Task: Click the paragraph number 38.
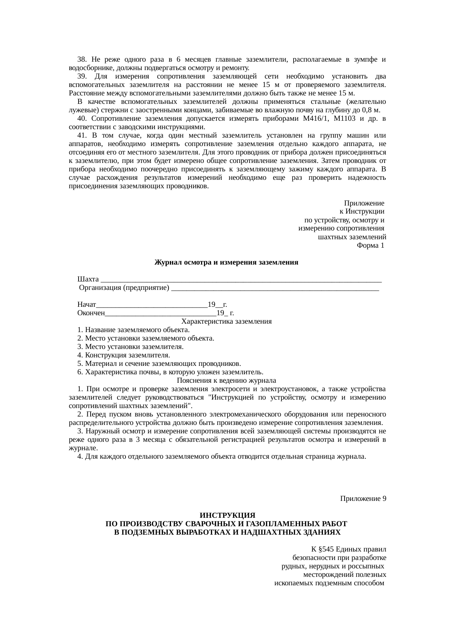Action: click(82, 59)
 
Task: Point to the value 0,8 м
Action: click(371, 110)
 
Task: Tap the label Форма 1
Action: click(370, 245)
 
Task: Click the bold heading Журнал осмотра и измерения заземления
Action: click(226, 263)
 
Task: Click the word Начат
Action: click(87, 305)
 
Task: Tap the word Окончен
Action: click(91, 313)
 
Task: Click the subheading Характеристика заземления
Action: click(226, 321)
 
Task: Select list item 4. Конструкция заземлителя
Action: click(124, 355)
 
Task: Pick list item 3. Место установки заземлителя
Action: click(130, 347)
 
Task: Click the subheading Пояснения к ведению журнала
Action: click(226, 381)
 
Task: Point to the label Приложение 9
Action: click(363, 499)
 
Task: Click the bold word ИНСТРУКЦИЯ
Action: click(227, 516)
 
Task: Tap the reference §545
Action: click(326, 550)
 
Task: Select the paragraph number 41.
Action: click(82, 135)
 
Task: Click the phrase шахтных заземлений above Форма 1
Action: click(352, 237)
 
